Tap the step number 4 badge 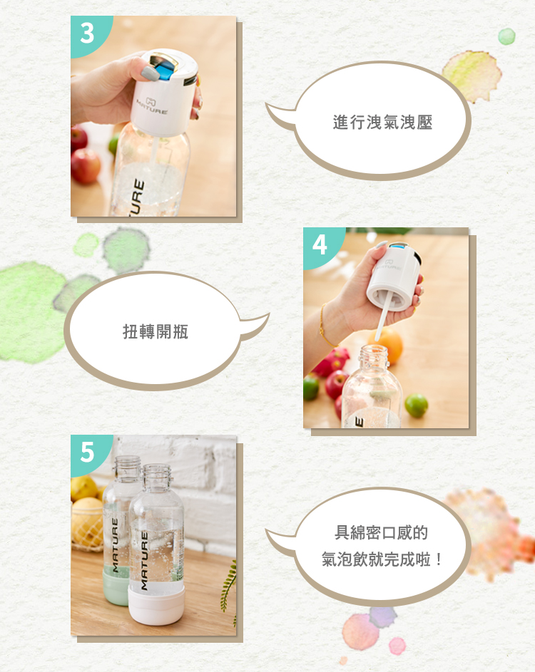320,244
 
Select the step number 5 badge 87,452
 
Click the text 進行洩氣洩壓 382,122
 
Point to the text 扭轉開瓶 156,331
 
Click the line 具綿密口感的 381,532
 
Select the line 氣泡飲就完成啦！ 382,559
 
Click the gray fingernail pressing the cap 151,73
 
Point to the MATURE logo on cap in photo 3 152,106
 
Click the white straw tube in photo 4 384,315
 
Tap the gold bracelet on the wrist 325,326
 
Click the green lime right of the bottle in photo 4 416,405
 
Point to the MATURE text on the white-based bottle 144,561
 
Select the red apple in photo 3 86,166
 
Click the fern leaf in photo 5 229,586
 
